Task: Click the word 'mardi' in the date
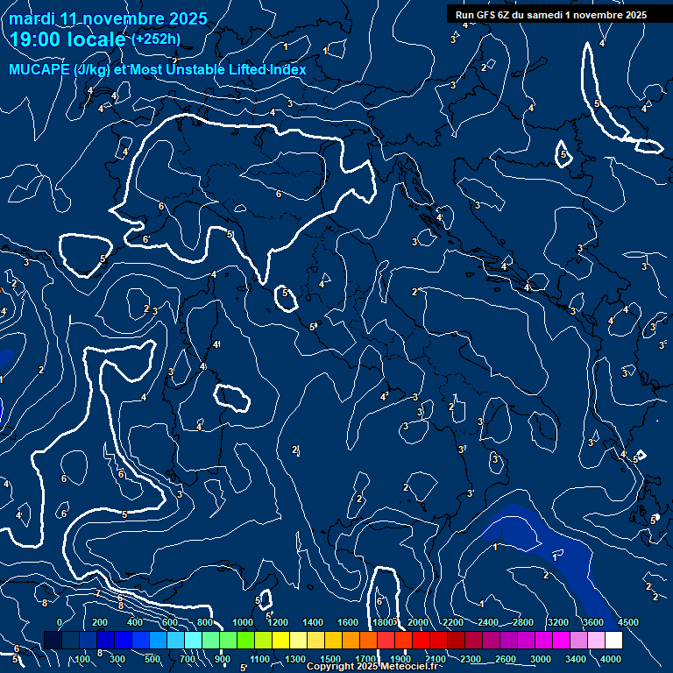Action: click(32, 18)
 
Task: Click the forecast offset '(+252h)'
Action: click(156, 39)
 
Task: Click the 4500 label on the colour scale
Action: click(627, 622)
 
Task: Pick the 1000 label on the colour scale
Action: click(243, 622)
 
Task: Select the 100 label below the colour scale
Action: click(82, 659)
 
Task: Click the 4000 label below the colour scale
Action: click(611, 659)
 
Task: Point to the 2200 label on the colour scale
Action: click(453, 622)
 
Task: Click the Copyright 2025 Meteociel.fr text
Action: click(374, 667)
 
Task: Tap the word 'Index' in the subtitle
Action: click(287, 69)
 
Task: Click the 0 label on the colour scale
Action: click(60, 622)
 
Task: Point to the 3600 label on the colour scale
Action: click(592, 622)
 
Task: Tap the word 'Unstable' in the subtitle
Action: click(192, 69)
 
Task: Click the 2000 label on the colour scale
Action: click(417, 622)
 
